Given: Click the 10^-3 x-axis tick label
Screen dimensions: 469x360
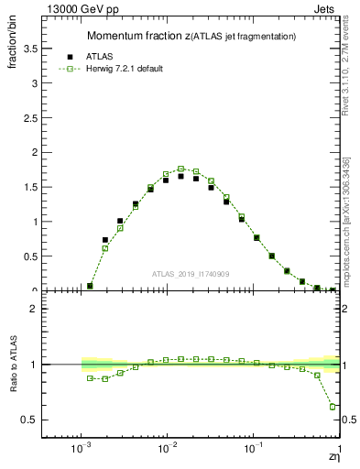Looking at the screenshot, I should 82,448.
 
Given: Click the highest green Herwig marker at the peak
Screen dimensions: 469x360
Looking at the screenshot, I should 181,169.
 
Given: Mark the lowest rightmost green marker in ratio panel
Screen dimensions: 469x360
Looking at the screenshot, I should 333,407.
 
